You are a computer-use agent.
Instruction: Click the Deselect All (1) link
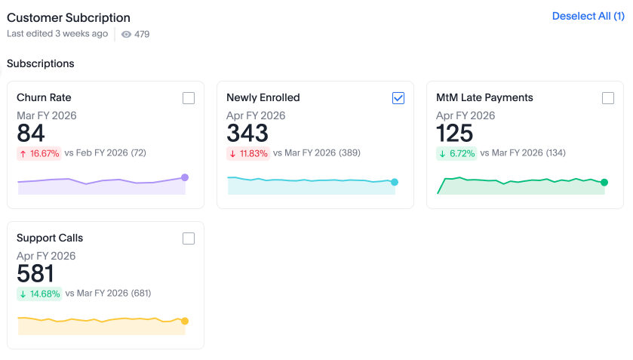[x=588, y=16]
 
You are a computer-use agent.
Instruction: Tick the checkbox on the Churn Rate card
[x=189, y=98]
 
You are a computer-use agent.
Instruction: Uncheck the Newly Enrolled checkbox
[x=398, y=98]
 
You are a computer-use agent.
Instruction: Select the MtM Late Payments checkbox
[x=608, y=98]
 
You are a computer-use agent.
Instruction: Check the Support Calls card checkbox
[x=189, y=238]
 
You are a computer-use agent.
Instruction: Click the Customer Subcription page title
[x=69, y=17]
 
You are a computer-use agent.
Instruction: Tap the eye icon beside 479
[x=126, y=34]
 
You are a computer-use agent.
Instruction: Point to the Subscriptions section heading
[x=41, y=63]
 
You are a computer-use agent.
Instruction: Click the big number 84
[x=31, y=134]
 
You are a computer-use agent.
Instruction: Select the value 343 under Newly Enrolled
[x=247, y=134]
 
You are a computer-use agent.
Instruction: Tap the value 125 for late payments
[x=455, y=134]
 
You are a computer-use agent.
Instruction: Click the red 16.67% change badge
[x=38, y=153]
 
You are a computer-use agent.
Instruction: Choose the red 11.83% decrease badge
[x=248, y=153]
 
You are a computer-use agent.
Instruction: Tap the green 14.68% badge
[x=39, y=294]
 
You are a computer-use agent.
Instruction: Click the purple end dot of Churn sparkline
[x=185, y=177]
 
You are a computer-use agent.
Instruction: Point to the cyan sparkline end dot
[x=395, y=182]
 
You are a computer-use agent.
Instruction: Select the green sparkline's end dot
[x=604, y=182]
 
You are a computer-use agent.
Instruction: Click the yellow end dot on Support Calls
[x=185, y=321]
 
